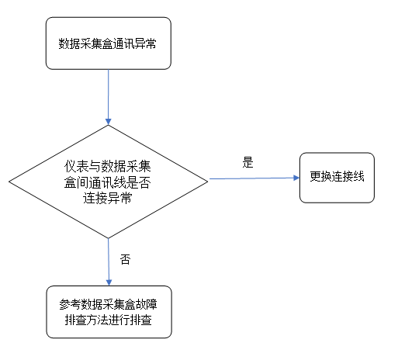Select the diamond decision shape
tap(108, 181)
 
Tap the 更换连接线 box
tap(337, 178)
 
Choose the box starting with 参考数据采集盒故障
tap(108, 313)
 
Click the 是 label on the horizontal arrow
tap(248, 163)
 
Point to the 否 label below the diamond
tap(125, 259)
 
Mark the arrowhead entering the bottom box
tap(108, 282)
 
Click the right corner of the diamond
tap(208, 181)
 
